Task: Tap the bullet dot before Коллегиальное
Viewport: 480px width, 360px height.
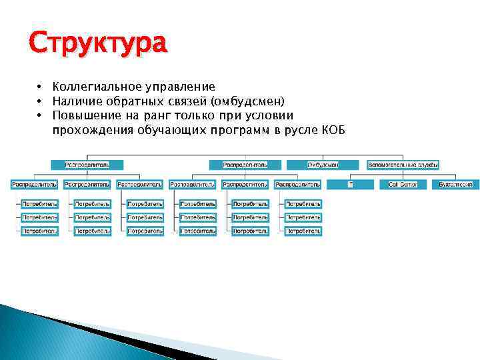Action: tap(40, 87)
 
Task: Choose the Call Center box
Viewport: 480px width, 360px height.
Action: tap(403, 185)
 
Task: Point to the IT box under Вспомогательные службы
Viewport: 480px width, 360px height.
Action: tap(350, 185)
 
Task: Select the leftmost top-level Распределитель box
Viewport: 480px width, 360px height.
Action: tap(87, 165)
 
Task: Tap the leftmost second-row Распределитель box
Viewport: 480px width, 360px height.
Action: tap(34, 185)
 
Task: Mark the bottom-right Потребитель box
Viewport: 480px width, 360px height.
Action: tap(303, 231)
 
